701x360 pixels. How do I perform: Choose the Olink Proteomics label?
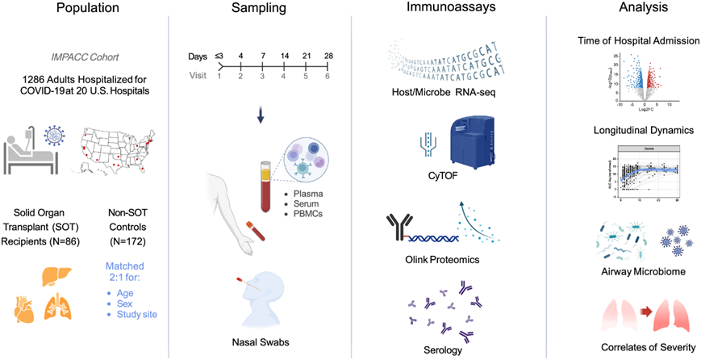pyautogui.click(x=437, y=261)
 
